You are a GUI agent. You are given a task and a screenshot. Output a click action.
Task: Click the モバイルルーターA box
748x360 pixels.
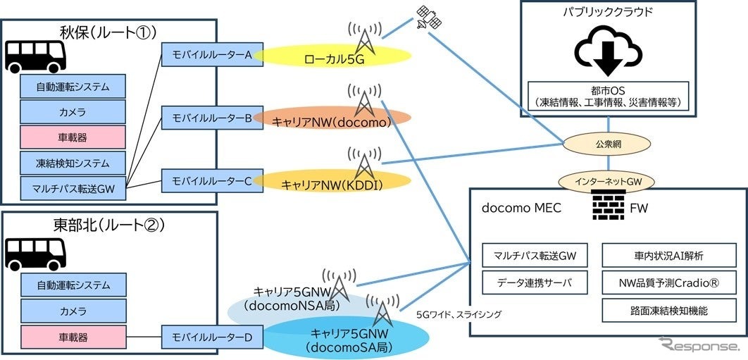coord(213,56)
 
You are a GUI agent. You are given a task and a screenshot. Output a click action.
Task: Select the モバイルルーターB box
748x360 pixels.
coord(213,118)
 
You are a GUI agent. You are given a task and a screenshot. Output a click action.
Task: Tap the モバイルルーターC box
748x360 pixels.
coord(213,180)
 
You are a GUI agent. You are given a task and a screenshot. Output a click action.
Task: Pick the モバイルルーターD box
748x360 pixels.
coord(213,337)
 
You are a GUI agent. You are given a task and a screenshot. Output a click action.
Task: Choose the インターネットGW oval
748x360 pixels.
coord(606,181)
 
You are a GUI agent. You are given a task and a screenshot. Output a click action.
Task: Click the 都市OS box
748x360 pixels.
coord(606,96)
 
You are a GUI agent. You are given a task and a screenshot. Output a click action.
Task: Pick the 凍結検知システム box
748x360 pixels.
coord(73,163)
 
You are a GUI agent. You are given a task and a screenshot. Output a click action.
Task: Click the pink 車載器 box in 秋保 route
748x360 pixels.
coord(73,137)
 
